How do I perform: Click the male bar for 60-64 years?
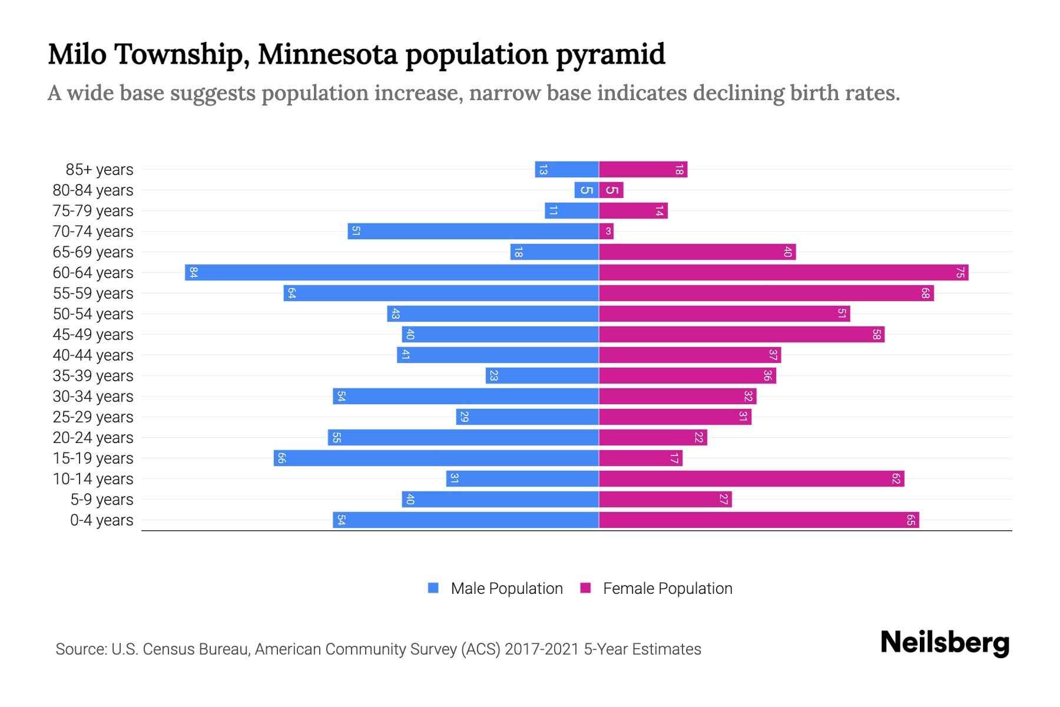pyautogui.click(x=392, y=273)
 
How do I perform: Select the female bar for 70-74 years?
pyautogui.click(x=606, y=232)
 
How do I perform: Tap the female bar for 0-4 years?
pyautogui.click(x=758, y=520)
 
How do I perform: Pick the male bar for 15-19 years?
pyautogui.click(x=436, y=458)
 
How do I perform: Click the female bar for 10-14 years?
pyautogui.click(x=751, y=479)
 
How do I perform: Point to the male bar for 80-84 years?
pyautogui.click(x=587, y=190)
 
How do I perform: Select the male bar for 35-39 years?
pyautogui.click(x=542, y=376)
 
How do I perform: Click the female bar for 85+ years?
pyautogui.click(x=643, y=170)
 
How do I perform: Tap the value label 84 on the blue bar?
pyautogui.click(x=193, y=273)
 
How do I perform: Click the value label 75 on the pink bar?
pyautogui.click(x=960, y=273)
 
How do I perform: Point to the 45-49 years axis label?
pyautogui.click(x=93, y=335)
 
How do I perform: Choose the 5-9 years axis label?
pyautogui.click(x=102, y=500)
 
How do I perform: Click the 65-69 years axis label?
pyautogui.click(x=93, y=252)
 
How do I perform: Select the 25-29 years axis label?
pyautogui.click(x=93, y=417)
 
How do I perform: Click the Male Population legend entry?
pyautogui.click(x=506, y=589)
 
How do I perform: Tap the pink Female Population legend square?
pyautogui.click(x=585, y=588)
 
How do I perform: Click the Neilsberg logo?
pyautogui.click(x=945, y=643)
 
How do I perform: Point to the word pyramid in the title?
pyautogui.click(x=610, y=54)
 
